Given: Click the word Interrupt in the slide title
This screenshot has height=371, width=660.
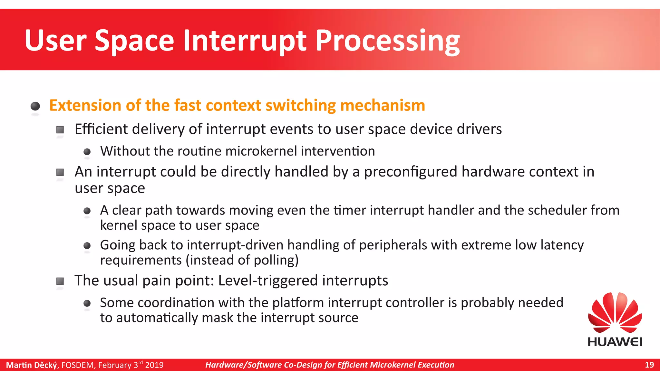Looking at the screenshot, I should [x=245, y=41].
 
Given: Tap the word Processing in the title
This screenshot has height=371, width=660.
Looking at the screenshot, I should [x=387, y=41].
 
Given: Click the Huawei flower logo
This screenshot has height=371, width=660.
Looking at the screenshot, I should [x=615, y=312].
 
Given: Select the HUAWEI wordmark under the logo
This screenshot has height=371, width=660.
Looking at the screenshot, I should [x=615, y=342].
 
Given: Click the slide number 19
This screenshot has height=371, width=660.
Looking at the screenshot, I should [x=649, y=365].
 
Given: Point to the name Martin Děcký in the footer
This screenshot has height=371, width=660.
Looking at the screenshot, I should [x=31, y=365].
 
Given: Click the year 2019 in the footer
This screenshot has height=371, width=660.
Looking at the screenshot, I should [x=154, y=365].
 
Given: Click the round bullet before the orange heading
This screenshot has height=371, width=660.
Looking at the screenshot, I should [x=35, y=106].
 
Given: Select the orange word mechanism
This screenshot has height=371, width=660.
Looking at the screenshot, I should [x=383, y=106].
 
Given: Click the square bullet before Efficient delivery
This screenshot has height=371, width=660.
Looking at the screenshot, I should [x=60, y=130].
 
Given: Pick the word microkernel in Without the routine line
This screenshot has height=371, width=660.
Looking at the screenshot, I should [x=261, y=151].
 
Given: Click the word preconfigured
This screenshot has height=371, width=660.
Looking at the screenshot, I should [x=411, y=172].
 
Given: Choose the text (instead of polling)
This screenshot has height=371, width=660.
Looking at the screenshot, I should [x=242, y=260].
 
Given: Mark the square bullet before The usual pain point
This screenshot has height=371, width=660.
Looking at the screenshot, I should [x=60, y=281].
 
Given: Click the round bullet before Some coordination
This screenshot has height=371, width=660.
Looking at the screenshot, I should [x=87, y=303].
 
